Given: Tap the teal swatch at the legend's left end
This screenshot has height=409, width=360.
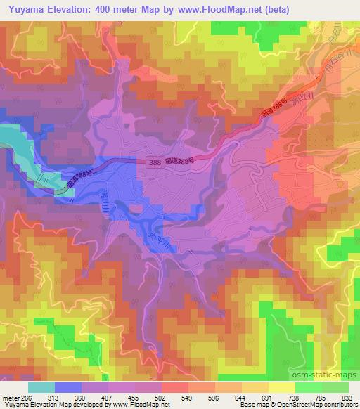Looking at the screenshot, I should tap(42, 387).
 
